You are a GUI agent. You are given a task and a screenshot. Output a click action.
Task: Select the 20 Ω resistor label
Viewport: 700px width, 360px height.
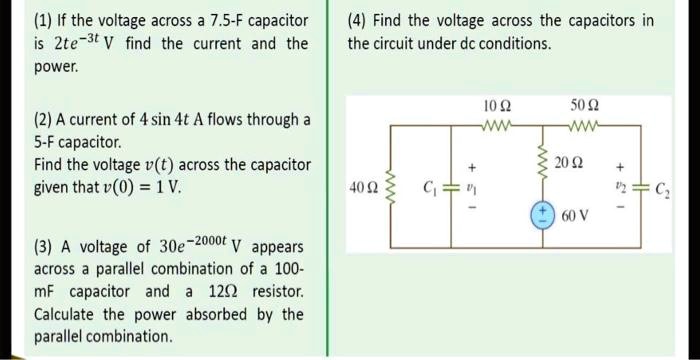coord(566,163)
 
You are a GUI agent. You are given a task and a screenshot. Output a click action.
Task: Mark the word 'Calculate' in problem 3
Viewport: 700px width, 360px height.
coord(68,314)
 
